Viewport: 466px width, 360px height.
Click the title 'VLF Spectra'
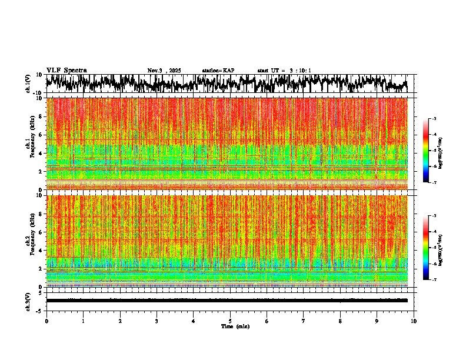[x=66, y=70]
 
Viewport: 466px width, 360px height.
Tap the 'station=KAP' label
[x=218, y=71]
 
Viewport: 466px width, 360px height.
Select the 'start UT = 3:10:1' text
[x=284, y=71]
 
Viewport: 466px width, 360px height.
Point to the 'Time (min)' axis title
[x=235, y=326]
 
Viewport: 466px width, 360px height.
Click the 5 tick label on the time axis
[x=230, y=321]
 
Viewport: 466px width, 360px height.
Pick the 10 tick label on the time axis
[x=414, y=321]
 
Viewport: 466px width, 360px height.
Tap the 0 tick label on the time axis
[x=46, y=321]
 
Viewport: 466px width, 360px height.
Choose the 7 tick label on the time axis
[x=304, y=321]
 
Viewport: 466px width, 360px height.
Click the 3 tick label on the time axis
[x=157, y=321]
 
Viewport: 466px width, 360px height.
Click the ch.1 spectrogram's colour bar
[x=430, y=151]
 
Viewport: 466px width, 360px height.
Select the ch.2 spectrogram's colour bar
[x=430, y=248]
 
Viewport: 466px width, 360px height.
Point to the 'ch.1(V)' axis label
[x=28, y=84]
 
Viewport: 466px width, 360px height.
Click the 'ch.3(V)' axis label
[x=28, y=300]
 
